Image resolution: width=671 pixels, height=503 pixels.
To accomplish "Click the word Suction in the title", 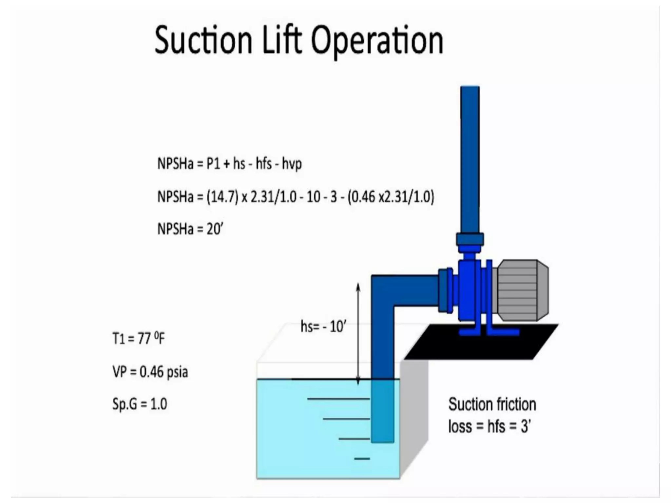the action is click(x=203, y=40).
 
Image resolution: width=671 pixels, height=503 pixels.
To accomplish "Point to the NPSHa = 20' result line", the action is click(x=190, y=229).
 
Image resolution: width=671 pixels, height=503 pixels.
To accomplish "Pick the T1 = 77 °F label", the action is click(x=139, y=338).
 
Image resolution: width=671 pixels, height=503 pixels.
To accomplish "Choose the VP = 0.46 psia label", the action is click(x=150, y=372).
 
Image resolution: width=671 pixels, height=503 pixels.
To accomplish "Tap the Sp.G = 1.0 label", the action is click(x=140, y=404).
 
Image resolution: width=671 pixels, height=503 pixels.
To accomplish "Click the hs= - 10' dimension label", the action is click(x=323, y=326).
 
